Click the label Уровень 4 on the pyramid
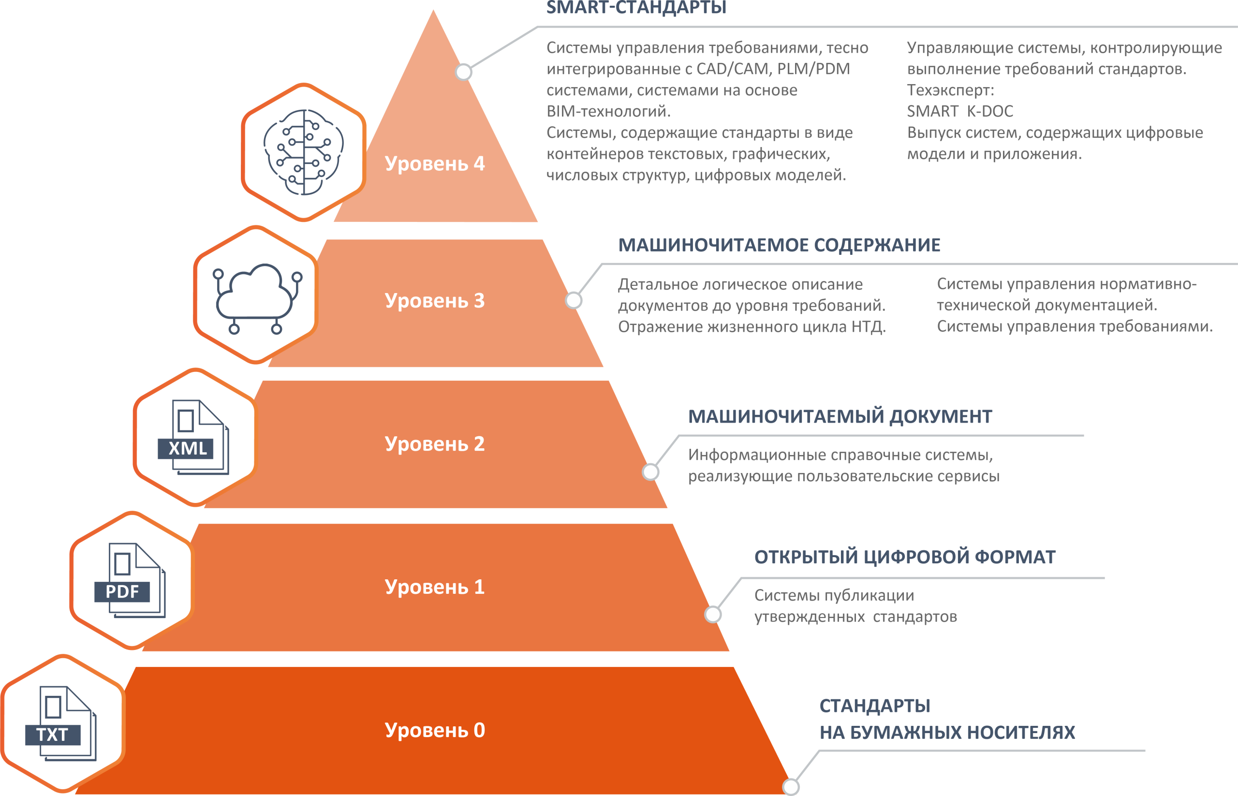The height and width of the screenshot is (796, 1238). pos(435,163)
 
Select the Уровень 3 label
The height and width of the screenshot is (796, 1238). pos(435,300)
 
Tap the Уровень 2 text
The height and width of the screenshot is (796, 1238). pos(435,443)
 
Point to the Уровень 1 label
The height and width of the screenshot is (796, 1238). pos(435,587)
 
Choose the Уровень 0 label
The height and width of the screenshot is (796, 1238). pos(435,730)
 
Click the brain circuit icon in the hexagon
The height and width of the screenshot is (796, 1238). pos(303,152)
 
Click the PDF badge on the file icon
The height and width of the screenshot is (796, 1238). pos(122,591)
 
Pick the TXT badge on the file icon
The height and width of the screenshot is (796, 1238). pos(52,735)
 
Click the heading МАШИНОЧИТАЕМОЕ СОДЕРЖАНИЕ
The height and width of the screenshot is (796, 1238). pos(779,245)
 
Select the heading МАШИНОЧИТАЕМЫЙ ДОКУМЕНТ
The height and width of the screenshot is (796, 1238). pos(840,416)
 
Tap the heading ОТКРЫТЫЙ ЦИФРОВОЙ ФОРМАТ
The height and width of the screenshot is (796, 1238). pos(905,557)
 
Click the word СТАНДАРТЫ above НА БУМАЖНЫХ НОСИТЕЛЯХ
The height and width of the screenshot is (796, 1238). pos(875,706)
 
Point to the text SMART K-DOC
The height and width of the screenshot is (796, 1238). pos(960,111)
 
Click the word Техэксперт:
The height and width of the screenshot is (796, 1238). pos(950,90)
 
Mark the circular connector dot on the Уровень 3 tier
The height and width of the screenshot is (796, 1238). pos(574,300)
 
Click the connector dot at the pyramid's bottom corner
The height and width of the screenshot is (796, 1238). pos(791,787)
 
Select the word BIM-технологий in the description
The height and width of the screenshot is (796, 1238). pos(608,111)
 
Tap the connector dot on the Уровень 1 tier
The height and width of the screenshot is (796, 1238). pos(713,615)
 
